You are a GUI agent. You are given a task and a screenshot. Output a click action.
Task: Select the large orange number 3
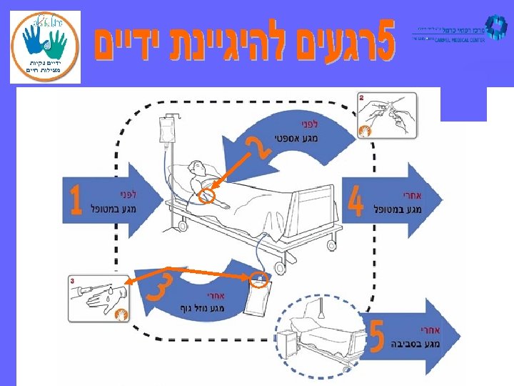(x=158, y=286)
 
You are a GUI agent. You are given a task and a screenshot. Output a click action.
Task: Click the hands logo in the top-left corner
(x=44, y=47)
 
